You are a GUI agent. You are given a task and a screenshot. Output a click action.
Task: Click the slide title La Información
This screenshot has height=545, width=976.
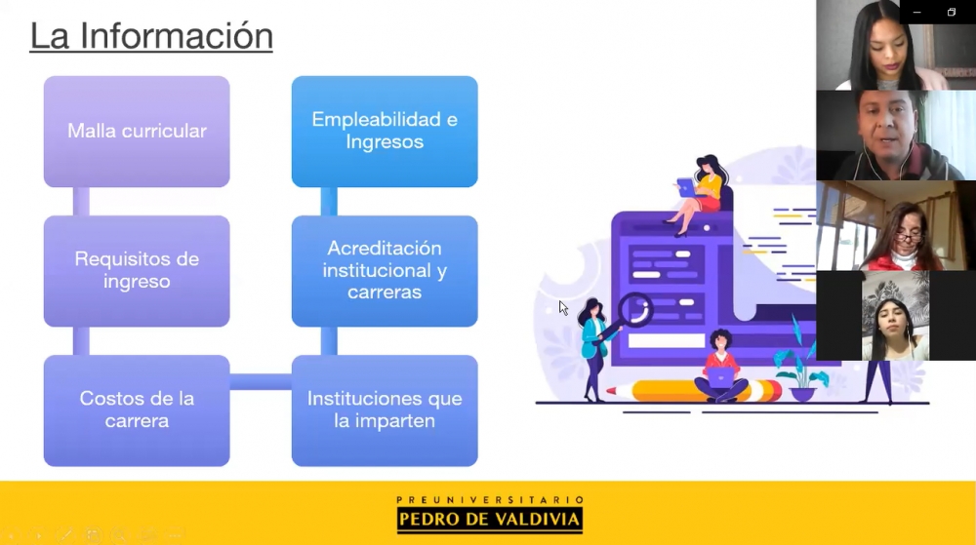pyautogui.click(x=151, y=36)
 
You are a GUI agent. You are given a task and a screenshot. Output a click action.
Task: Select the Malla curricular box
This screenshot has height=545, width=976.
pyautogui.click(x=137, y=131)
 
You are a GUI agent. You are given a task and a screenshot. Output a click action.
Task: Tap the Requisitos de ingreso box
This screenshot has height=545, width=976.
pyautogui.click(x=137, y=271)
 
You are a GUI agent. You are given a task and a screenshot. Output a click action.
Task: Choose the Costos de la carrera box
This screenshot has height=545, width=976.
pyautogui.click(x=137, y=410)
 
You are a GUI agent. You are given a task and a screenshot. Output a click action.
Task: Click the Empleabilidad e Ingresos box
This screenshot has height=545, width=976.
pyautogui.click(x=385, y=131)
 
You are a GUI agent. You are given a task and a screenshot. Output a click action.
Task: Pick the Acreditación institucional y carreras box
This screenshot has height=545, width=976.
pyautogui.click(x=385, y=271)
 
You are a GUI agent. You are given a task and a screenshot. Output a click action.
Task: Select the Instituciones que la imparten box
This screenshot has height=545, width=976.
pyautogui.click(x=385, y=410)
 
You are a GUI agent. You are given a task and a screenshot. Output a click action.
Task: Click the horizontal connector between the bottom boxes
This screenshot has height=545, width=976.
pyautogui.click(x=261, y=381)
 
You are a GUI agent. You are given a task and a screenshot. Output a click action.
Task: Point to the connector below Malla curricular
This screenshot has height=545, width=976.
pyautogui.click(x=81, y=202)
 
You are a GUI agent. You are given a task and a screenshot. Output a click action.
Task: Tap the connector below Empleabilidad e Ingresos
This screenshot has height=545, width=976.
pyautogui.click(x=329, y=202)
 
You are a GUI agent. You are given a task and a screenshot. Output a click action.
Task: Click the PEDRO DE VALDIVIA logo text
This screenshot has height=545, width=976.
pyautogui.click(x=490, y=520)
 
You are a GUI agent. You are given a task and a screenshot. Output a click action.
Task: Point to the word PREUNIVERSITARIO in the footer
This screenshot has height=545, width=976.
pyautogui.click(x=490, y=499)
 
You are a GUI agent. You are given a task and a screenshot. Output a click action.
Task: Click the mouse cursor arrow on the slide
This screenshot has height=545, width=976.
pyautogui.click(x=563, y=308)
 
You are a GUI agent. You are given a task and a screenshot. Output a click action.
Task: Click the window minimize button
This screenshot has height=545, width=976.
pyautogui.click(x=916, y=13)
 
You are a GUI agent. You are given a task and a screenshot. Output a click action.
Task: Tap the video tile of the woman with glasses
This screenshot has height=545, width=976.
pyautogui.click(x=896, y=225)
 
